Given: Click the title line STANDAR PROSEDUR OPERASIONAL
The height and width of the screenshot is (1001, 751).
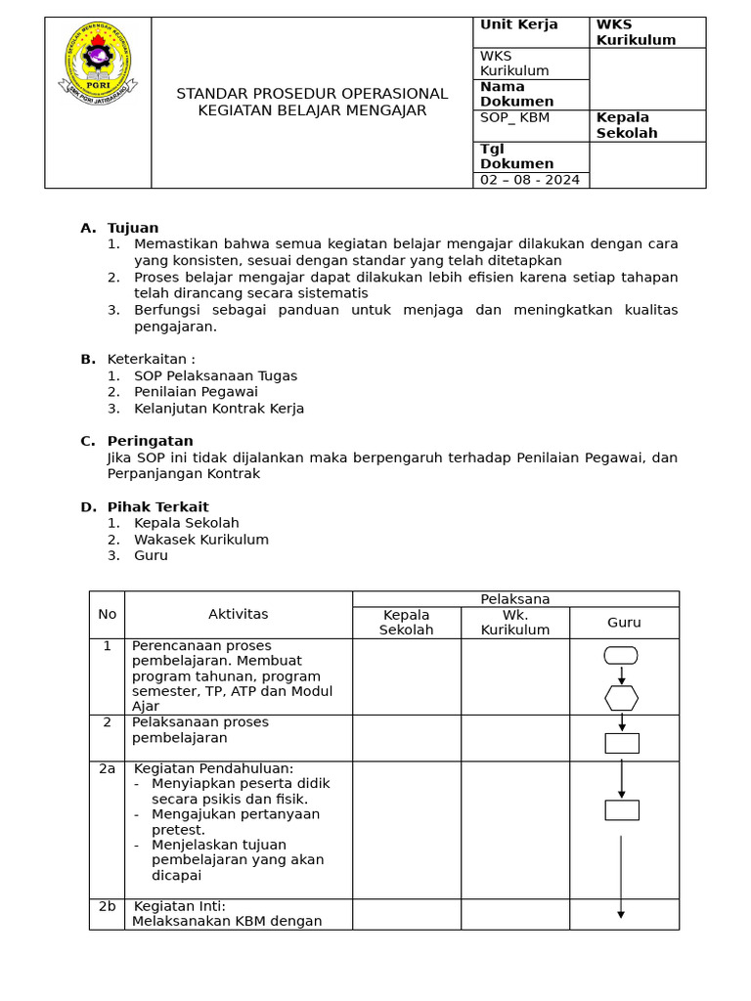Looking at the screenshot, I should click(312, 94).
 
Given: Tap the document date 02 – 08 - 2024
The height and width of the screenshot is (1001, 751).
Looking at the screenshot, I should click(530, 180).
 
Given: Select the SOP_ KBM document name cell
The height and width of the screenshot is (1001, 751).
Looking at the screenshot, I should click(515, 118).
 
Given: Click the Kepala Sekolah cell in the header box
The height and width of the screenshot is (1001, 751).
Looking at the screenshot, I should click(627, 125).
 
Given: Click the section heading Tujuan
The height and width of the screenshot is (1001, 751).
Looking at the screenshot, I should click(133, 228).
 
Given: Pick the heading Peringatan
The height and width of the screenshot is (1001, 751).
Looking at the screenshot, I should click(150, 441).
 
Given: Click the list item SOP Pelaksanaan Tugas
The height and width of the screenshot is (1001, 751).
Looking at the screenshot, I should click(215, 375).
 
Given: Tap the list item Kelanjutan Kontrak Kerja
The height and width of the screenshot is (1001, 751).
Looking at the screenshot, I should click(219, 409).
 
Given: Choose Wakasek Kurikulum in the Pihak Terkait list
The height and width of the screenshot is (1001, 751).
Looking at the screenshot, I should click(200, 540).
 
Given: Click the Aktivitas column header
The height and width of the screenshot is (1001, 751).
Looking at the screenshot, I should click(238, 614).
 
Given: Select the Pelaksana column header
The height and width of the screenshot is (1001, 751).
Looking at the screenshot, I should click(514, 598).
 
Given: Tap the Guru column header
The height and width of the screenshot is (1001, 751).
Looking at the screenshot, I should click(624, 622).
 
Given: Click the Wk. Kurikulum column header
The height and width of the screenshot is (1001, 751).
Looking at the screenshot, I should click(514, 622).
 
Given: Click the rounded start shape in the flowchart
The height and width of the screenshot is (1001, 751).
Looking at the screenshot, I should click(621, 655).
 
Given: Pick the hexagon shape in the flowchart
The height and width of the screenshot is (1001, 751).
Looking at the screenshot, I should click(621, 698).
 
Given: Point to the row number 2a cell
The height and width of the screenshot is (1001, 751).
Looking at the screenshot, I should click(107, 769).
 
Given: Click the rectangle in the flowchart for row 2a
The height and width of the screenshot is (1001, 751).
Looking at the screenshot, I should click(621, 809).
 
